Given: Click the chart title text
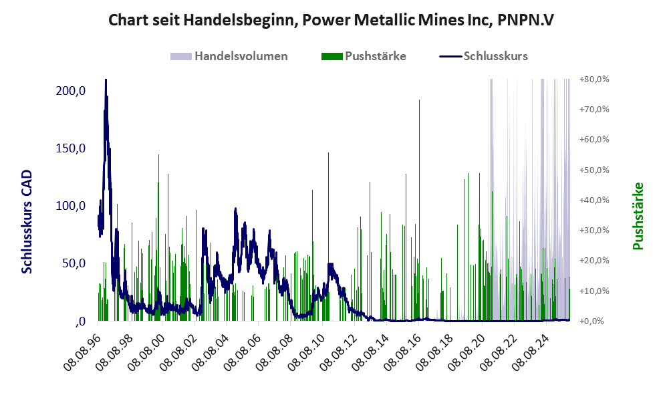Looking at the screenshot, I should pyautogui.click(x=331, y=20).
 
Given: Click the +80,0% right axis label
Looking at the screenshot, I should pyautogui.click(x=594, y=80).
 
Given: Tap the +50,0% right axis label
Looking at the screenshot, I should pyautogui.click(x=594, y=170).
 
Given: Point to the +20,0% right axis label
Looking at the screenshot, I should pyautogui.click(x=594, y=261).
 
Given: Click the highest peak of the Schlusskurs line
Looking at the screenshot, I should pyautogui.click(x=106, y=81).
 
